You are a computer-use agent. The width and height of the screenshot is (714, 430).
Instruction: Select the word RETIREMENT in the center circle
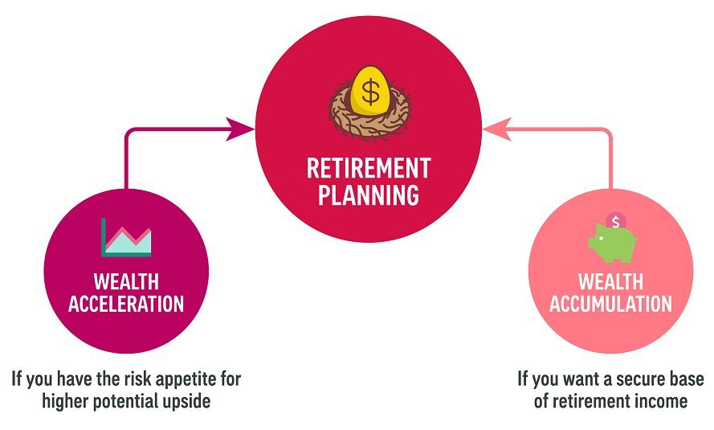369,168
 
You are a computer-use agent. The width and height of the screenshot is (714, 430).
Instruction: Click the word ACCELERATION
126,304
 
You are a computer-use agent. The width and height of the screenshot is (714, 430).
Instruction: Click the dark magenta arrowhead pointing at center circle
241,129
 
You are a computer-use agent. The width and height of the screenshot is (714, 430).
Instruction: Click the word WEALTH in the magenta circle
126,282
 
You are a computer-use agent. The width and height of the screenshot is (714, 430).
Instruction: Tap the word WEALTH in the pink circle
614,282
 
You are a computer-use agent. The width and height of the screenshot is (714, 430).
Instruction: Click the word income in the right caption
660,401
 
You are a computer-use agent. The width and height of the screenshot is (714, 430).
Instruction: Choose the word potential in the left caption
125,401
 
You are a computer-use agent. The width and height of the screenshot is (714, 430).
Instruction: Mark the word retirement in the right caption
590,401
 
